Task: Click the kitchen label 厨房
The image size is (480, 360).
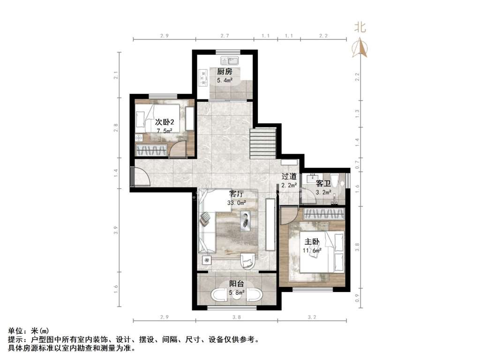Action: pos(225,72)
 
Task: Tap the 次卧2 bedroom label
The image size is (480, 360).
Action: pos(165,122)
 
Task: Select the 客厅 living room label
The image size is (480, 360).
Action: pos(236,194)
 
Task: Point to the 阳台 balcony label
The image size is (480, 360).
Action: pos(237,284)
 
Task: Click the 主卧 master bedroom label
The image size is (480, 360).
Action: pos(312,242)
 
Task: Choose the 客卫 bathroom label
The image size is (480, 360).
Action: pos(323,184)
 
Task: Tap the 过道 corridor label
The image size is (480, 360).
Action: pos(289,176)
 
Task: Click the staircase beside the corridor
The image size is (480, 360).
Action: pos(263,143)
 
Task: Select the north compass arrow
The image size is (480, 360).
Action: pos(360,48)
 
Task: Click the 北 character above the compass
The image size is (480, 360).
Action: pos(360,27)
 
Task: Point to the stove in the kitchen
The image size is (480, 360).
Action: pos(202,78)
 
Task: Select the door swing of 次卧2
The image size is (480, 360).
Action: pos(178,149)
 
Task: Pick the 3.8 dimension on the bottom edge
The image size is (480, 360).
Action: pos(236,317)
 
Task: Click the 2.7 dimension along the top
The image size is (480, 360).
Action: pos(225,36)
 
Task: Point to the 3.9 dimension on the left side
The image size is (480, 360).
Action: pos(115,230)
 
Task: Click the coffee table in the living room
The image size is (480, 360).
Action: pos(245,221)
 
